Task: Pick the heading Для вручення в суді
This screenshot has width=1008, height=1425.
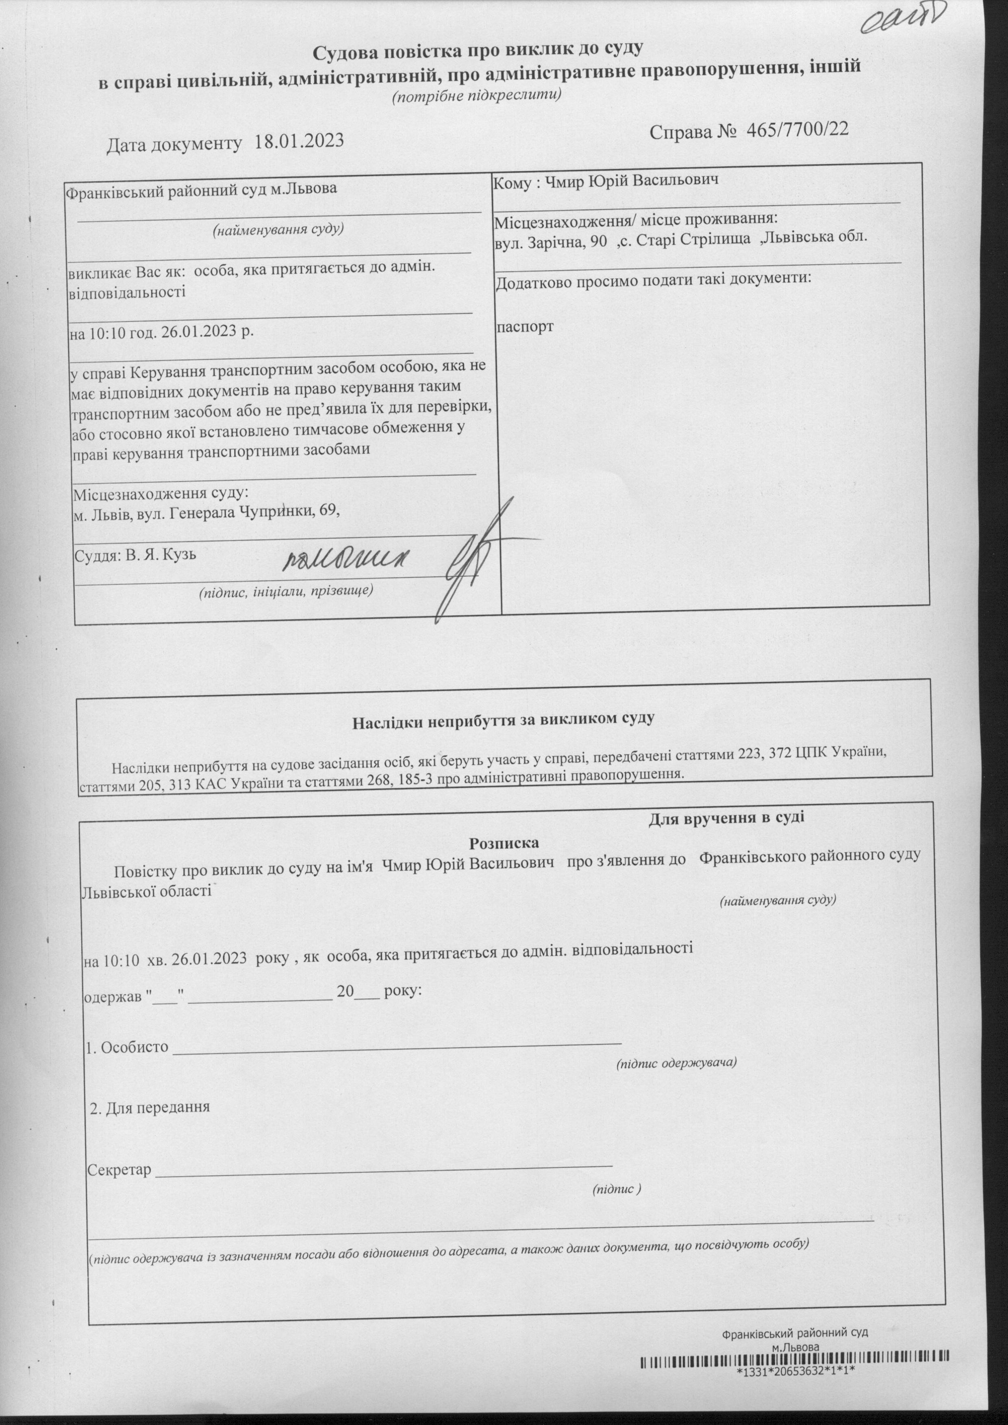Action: [x=726, y=817]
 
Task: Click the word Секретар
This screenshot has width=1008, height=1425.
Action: [x=119, y=1170]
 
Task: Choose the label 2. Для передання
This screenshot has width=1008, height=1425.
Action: [x=150, y=1106]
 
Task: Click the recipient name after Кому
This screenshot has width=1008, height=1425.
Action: [x=631, y=180]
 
